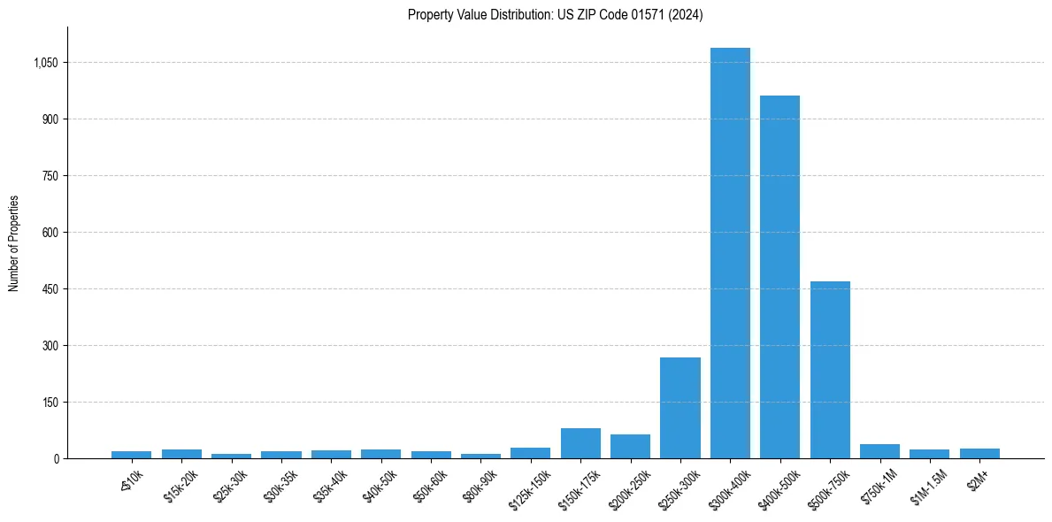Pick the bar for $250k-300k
click(680, 408)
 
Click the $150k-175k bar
click(580, 443)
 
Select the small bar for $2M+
click(979, 454)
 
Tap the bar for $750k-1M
click(879, 451)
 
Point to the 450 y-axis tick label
click(50, 289)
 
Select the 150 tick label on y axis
click(50, 403)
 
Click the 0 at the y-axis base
click(56, 459)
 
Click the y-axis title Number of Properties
click(14, 243)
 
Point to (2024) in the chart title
click(687, 15)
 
